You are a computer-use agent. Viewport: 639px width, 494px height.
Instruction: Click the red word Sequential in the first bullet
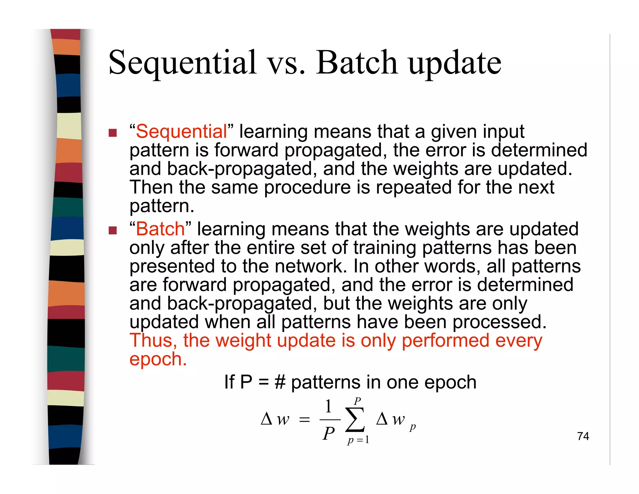pos(181,131)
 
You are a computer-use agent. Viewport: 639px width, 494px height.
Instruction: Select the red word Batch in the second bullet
pos(160,229)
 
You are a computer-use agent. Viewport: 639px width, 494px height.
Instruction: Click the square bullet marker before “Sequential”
pos(113,133)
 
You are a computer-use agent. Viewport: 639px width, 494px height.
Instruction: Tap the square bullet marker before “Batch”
pos(113,230)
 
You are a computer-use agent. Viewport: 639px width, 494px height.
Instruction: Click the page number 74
pos(583,436)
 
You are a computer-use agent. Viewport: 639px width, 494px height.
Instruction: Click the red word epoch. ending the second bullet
pos(158,359)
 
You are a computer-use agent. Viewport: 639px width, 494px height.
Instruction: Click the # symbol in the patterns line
pos(280,382)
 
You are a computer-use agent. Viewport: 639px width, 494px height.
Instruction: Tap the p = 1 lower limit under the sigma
pos(358,440)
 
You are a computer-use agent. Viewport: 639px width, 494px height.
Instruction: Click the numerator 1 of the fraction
pos(328,406)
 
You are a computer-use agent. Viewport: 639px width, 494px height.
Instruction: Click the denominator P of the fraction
pos(329,433)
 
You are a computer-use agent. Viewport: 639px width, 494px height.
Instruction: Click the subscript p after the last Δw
pos(412,427)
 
